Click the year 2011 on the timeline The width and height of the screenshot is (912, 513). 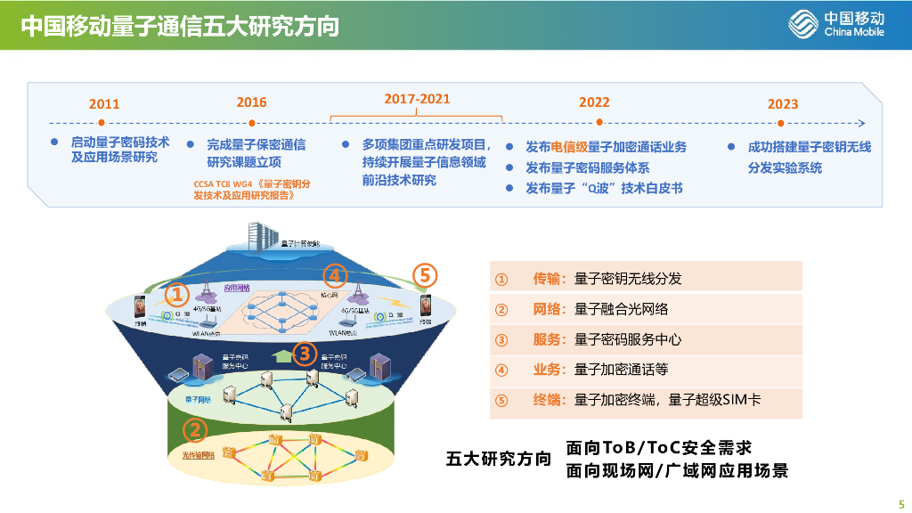click(x=104, y=104)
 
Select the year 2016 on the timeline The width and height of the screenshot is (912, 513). click(x=251, y=102)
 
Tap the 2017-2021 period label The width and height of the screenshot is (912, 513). click(x=417, y=99)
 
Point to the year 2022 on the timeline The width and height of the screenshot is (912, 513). click(x=594, y=102)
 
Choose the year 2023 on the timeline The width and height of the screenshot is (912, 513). click(x=783, y=104)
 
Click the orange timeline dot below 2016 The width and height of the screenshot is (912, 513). click(x=252, y=123)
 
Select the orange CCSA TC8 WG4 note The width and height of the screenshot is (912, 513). click(x=252, y=190)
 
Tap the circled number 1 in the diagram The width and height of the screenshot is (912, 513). click(x=177, y=293)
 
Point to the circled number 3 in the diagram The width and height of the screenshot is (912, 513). click(x=305, y=354)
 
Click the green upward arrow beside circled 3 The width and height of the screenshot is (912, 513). click(x=283, y=355)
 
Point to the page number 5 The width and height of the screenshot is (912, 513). click(x=900, y=501)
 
